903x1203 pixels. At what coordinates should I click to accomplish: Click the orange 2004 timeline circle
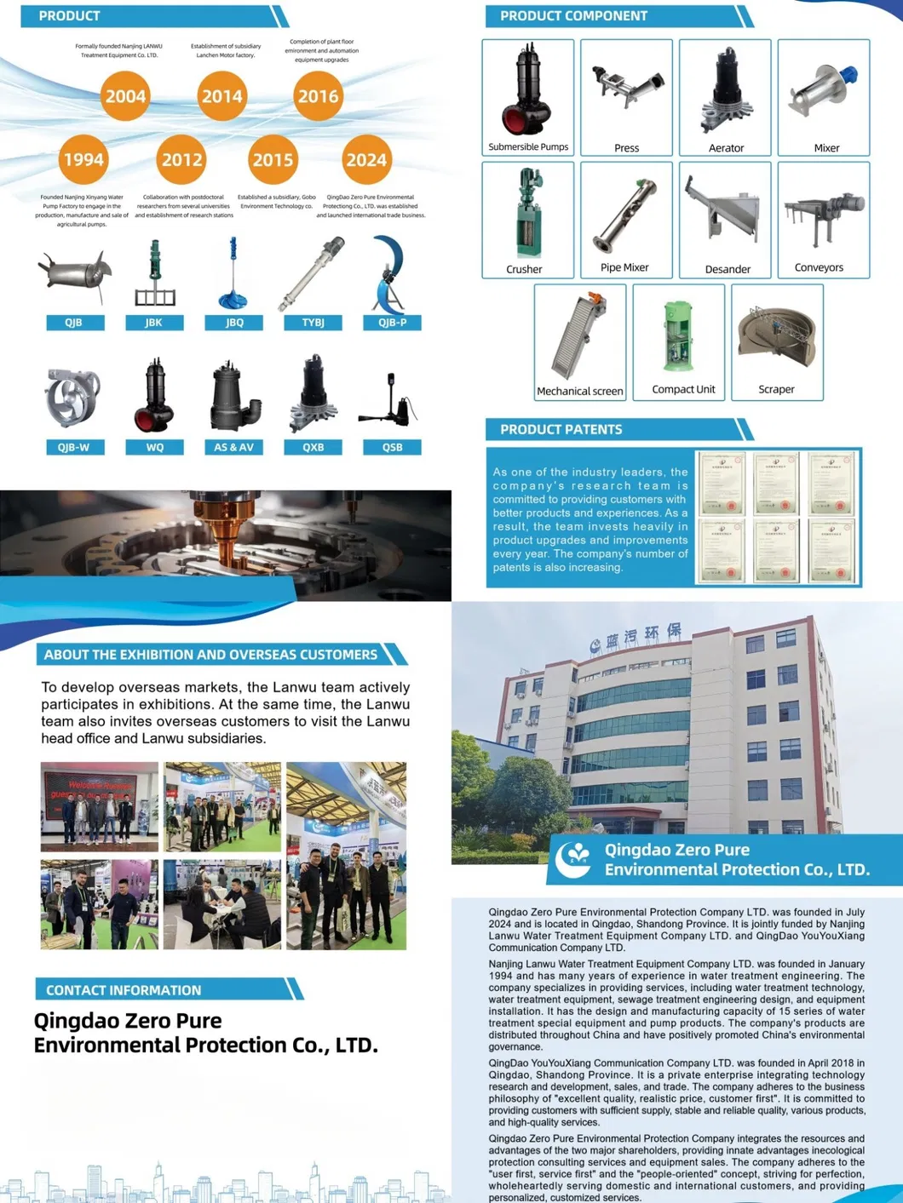(125, 96)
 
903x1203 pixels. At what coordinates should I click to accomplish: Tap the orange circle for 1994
(83, 159)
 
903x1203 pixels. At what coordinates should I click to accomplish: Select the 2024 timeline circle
(365, 159)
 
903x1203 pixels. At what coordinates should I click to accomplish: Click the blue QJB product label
(74, 323)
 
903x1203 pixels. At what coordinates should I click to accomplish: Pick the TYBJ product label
(313, 323)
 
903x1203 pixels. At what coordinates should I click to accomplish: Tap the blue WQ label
(154, 447)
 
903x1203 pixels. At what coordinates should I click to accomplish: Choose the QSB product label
(392, 447)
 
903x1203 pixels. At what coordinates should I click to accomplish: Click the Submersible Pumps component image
(528, 89)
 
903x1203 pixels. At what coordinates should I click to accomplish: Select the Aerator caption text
(726, 148)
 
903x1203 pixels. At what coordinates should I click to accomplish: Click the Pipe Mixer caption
(624, 267)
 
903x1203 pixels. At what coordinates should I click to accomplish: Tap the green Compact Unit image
(679, 335)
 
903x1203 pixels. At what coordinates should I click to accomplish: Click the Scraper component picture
(776, 336)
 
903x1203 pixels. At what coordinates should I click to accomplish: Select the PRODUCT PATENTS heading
(561, 429)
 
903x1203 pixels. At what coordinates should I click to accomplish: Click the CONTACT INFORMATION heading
(124, 990)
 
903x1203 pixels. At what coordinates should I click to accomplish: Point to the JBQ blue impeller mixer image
(233, 277)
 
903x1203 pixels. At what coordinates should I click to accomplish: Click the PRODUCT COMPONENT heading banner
(573, 16)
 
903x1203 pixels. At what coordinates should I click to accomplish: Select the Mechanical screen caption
(579, 391)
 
